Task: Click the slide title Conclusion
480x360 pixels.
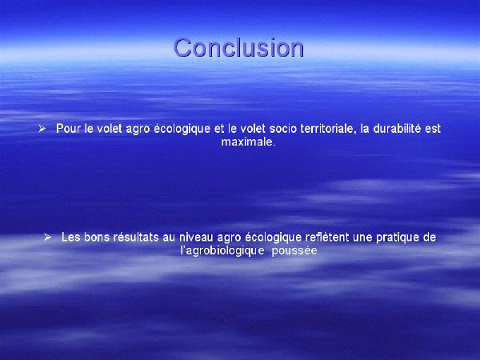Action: pyautogui.click(x=238, y=48)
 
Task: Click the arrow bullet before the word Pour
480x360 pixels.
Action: pyautogui.click(x=42, y=129)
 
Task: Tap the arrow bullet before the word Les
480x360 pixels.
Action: pyautogui.click(x=47, y=238)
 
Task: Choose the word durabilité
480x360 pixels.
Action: pyautogui.click(x=397, y=129)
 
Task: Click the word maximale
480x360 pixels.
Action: pyautogui.click(x=248, y=142)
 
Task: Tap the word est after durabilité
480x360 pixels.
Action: pyautogui.click(x=433, y=129)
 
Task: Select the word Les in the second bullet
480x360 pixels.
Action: pyautogui.click(x=71, y=238)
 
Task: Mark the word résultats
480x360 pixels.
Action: pyautogui.click(x=136, y=238)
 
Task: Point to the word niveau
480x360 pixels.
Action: pyautogui.click(x=197, y=238)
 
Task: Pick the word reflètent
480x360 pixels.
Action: pyautogui.click(x=327, y=238)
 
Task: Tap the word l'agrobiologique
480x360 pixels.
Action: pyautogui.click(x=222, y=251)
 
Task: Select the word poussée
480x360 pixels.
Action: pyautogui.click(x=294, y=251)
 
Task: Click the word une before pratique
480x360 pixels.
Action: pyautogui.click(x=362, y=238)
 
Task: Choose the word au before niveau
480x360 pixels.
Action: pyautogui.click(x=170, y=238)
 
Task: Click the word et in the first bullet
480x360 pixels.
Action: pyautogui.click(x=219, y=129)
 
